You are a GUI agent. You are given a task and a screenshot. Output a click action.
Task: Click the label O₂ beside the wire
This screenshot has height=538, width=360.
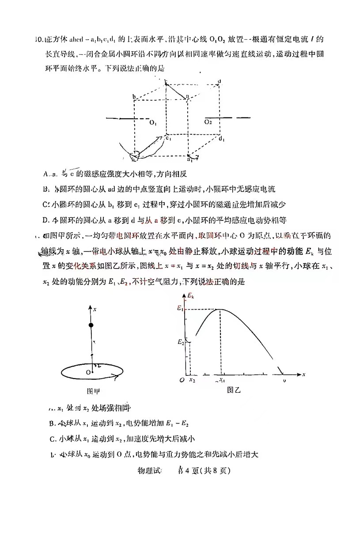(x=208, y=122)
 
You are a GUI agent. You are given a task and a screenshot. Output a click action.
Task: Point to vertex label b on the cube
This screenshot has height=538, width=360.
(x=133, y=96)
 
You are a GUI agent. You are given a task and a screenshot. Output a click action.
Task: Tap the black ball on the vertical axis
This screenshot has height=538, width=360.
(x=91, y=325)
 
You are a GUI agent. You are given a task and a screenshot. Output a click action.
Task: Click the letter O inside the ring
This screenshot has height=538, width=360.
(x=88, y=373)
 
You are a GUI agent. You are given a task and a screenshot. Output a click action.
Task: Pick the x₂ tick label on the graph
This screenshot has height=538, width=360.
(x=192, y=380)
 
